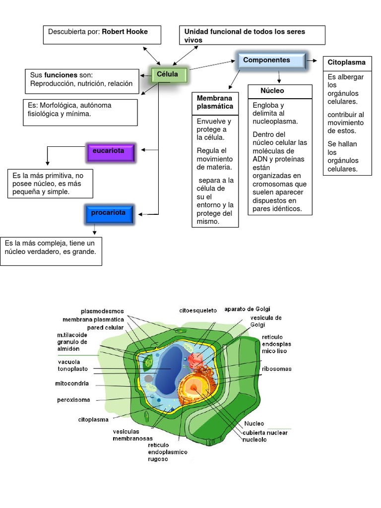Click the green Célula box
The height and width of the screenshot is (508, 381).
[x=167, y=75]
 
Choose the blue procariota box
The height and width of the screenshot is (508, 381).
[x=108, y=214]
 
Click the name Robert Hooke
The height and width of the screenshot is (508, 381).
[x=125, y=32]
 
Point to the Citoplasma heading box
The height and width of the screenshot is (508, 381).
[x=347, y=63]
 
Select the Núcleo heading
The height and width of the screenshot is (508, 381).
[x=272, y=91]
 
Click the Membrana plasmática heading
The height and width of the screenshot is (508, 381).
[x=215, y=103]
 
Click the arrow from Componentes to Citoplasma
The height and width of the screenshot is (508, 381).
[x=312, y=61]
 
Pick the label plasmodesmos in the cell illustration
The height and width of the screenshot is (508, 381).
[x=103, y=312]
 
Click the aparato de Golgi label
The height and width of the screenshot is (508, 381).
[x=247, y=309]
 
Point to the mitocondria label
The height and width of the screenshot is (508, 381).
[x=72, y=383]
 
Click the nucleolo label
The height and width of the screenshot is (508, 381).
[x=254, y=440]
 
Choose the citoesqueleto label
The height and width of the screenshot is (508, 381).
[x=198, y=311]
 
